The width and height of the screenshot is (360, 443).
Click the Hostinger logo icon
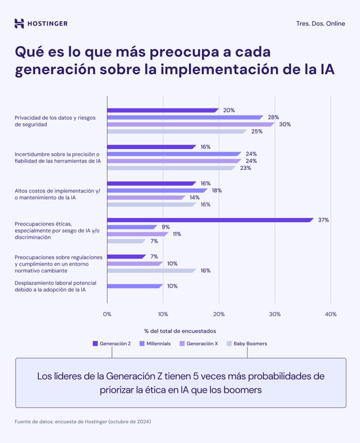tap(19, 24)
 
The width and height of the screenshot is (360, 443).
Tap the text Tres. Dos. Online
tap(320, 24)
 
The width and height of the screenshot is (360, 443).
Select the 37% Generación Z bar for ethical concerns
tap(210, 220)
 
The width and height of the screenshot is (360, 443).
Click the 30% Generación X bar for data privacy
tap(190, 124)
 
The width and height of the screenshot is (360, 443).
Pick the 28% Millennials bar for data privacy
tap(185, 117)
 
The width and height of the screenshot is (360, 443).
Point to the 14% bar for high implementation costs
tap(146, 197)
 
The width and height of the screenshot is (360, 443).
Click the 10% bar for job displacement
tap(135, 286)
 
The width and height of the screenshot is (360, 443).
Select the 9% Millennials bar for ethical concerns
tap(132, 227)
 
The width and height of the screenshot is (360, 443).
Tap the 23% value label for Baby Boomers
tap(245, 168)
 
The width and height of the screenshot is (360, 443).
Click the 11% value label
tap(177, 234)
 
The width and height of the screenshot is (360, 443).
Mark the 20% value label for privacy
tap(228, 110)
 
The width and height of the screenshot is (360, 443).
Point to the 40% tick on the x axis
tap(330, 314)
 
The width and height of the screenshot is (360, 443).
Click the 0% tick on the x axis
tap(107, 314)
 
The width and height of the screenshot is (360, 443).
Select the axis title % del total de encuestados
tap(180, 331)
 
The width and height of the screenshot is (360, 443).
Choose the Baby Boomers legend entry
tap(246, 344)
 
